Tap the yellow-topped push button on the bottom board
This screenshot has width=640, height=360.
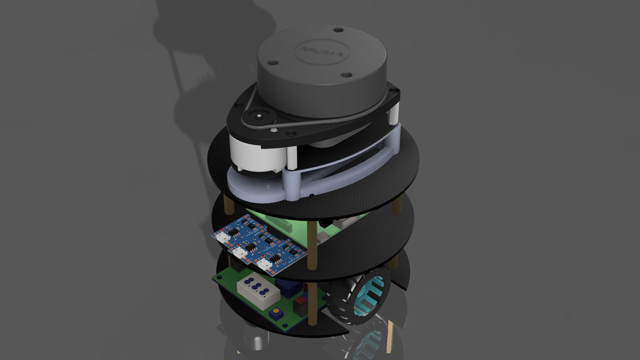tap(274, 314)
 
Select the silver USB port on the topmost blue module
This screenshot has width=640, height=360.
tap(225, 236)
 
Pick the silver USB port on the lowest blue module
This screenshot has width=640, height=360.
tap(266, 265)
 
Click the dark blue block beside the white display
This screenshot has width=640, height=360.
tap(287, 288)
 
